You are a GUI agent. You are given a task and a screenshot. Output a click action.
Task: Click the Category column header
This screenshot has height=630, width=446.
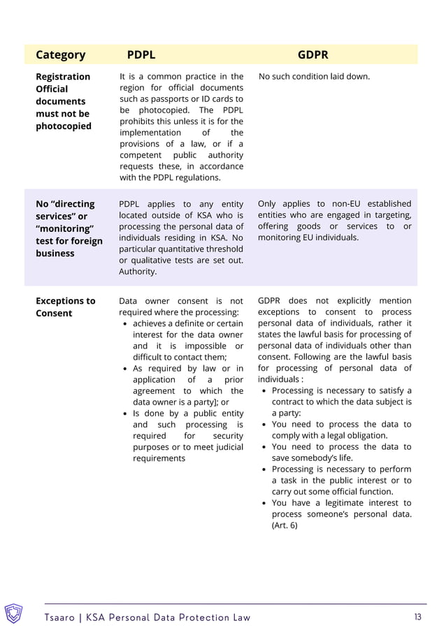click(60, 54)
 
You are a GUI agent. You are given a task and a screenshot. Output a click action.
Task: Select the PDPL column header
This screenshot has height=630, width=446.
click(141, 54)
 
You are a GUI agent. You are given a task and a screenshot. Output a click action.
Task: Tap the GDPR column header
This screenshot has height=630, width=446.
click(312, 54)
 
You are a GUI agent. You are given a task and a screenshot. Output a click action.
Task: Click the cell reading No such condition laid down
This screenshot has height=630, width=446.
click(314, 76)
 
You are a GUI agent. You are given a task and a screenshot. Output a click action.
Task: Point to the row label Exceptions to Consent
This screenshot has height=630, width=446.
click(65, 307)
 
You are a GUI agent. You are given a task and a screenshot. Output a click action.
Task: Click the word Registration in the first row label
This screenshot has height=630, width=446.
click(63, 76)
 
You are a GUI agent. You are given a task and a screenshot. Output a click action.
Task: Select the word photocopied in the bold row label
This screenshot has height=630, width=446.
click(63, 126)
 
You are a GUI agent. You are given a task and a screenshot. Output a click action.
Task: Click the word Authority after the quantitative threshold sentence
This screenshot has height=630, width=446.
click(138, 271)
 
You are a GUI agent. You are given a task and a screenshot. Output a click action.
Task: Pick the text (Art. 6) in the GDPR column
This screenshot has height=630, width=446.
click(285, 525)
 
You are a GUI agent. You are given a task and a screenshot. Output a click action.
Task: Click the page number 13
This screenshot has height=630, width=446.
click(418, 617)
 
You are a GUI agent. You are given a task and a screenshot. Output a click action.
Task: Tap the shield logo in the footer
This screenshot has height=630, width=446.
click(14, 613)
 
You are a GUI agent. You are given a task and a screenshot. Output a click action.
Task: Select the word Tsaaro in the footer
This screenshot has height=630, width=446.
click(63, 617)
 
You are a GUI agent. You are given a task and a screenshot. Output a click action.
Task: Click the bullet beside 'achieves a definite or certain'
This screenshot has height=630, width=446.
click(124, 324)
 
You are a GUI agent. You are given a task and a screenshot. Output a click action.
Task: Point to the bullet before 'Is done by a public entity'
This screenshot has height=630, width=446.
click(124, 413)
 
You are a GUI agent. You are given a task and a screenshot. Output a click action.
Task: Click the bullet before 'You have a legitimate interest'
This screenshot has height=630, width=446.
click(264, 503)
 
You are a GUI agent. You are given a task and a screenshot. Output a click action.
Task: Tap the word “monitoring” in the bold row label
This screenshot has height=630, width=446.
click(64, 228)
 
